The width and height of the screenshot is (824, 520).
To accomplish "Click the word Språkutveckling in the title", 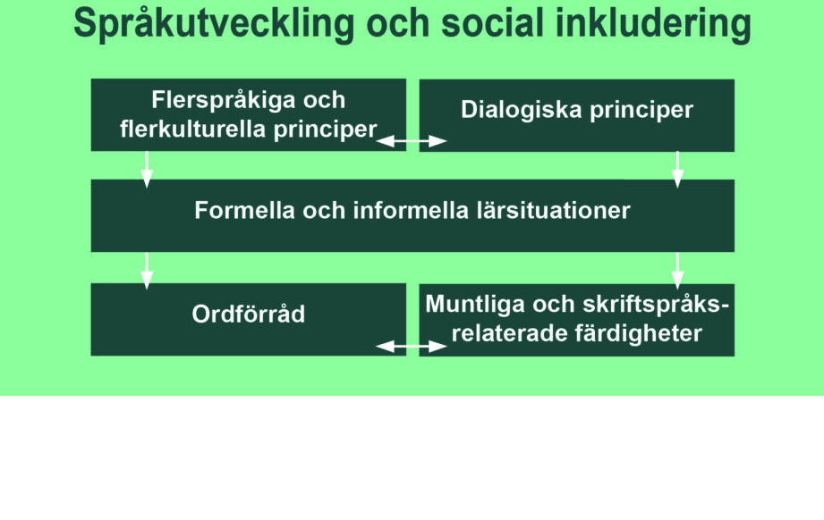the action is (x=214, y=24).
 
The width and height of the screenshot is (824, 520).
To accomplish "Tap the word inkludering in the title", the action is (x=653, y=24).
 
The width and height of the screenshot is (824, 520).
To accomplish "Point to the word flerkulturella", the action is (x=193, y=129).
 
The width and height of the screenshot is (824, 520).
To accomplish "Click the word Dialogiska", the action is (x=522, y=110).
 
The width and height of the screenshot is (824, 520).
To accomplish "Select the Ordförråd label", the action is (x=248, y=314).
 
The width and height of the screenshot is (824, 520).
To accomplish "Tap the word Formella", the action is (x=244, y=211).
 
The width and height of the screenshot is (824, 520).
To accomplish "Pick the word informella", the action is (x=411, y=211).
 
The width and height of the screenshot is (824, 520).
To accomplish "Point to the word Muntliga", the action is (x=474, y=305).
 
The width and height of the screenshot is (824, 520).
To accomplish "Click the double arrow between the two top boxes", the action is (x=412, y=141).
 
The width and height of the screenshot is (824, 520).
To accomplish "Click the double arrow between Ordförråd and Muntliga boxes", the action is (x=412, y=347).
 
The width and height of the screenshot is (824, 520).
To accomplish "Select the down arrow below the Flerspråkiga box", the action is (x=147, y=170).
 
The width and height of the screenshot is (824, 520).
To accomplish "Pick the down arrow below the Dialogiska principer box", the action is (x=678, y=170).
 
